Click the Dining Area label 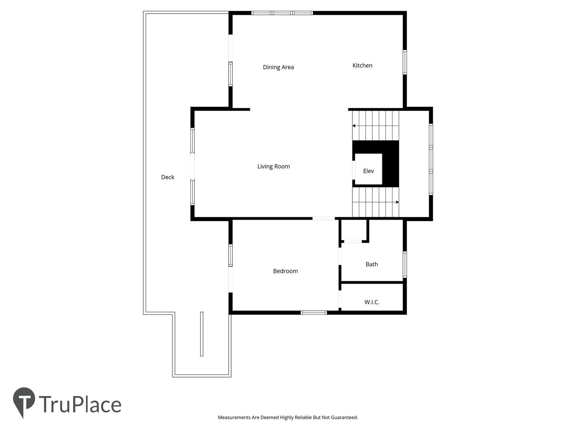coord(278,67)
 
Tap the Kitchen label coord(362,65)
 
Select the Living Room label coord(274,166)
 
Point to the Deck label coord(168,177)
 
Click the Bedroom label coord(285,271)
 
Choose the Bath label coord(372,264)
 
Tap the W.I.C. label coord(372,302)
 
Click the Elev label coord(368,171)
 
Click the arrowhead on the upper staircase coord(354,126)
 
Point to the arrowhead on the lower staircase coord(397,202)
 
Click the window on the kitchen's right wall coord(405,62)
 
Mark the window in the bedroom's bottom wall coord(314,312)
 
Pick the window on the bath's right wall coord(405,264)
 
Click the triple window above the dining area coord(282,13)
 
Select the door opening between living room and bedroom coord(324,218)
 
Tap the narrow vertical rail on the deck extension coord(202,334)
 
